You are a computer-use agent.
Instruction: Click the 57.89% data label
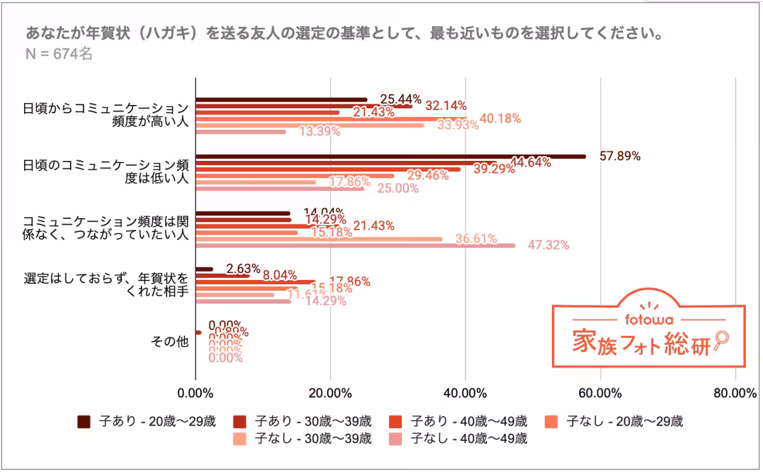pyautogui.click(x=620, y=156)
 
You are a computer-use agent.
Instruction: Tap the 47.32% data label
pyautogui.click(x=548, y=245)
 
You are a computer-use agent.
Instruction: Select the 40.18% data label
pyautogui.click(x=500, y=118)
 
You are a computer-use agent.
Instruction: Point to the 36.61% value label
pyautogui.click(x=476, y=239)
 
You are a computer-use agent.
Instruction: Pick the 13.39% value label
pyautogui.click(x=320, y=132)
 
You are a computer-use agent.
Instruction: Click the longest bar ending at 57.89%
pyautogui.click(x=390, y=156)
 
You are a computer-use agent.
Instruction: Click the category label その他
pyautogui.click(x=170, y=341)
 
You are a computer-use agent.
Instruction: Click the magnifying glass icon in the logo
pyautogui.click(x=720, y=339)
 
